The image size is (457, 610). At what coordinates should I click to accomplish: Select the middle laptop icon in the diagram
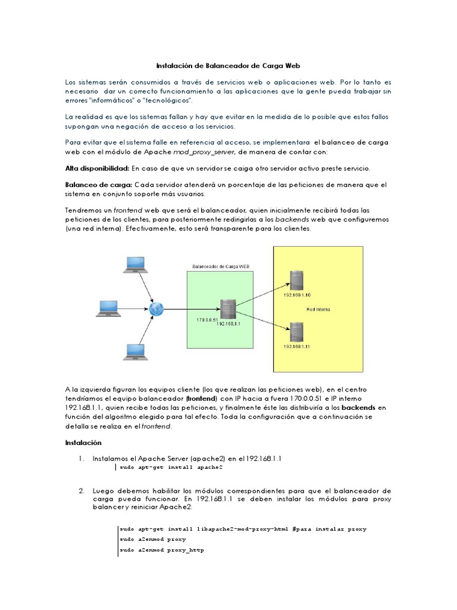[109, 307]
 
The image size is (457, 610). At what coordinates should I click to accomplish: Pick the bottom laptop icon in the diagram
[135, 351]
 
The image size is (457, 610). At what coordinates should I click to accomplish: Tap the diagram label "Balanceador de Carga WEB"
[221, 266]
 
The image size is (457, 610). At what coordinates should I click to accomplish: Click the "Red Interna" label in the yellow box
[318, 309]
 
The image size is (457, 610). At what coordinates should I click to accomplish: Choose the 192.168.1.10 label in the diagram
[297, 295]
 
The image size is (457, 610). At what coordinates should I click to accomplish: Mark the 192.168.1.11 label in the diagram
[297, 346]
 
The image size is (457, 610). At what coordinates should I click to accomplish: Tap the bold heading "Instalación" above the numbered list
[83, 443]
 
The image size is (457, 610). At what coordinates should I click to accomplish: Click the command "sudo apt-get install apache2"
[162, 468]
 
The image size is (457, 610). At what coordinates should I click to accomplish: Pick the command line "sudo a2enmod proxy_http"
[161, 550]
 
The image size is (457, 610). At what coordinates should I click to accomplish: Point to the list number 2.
[81, 490]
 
